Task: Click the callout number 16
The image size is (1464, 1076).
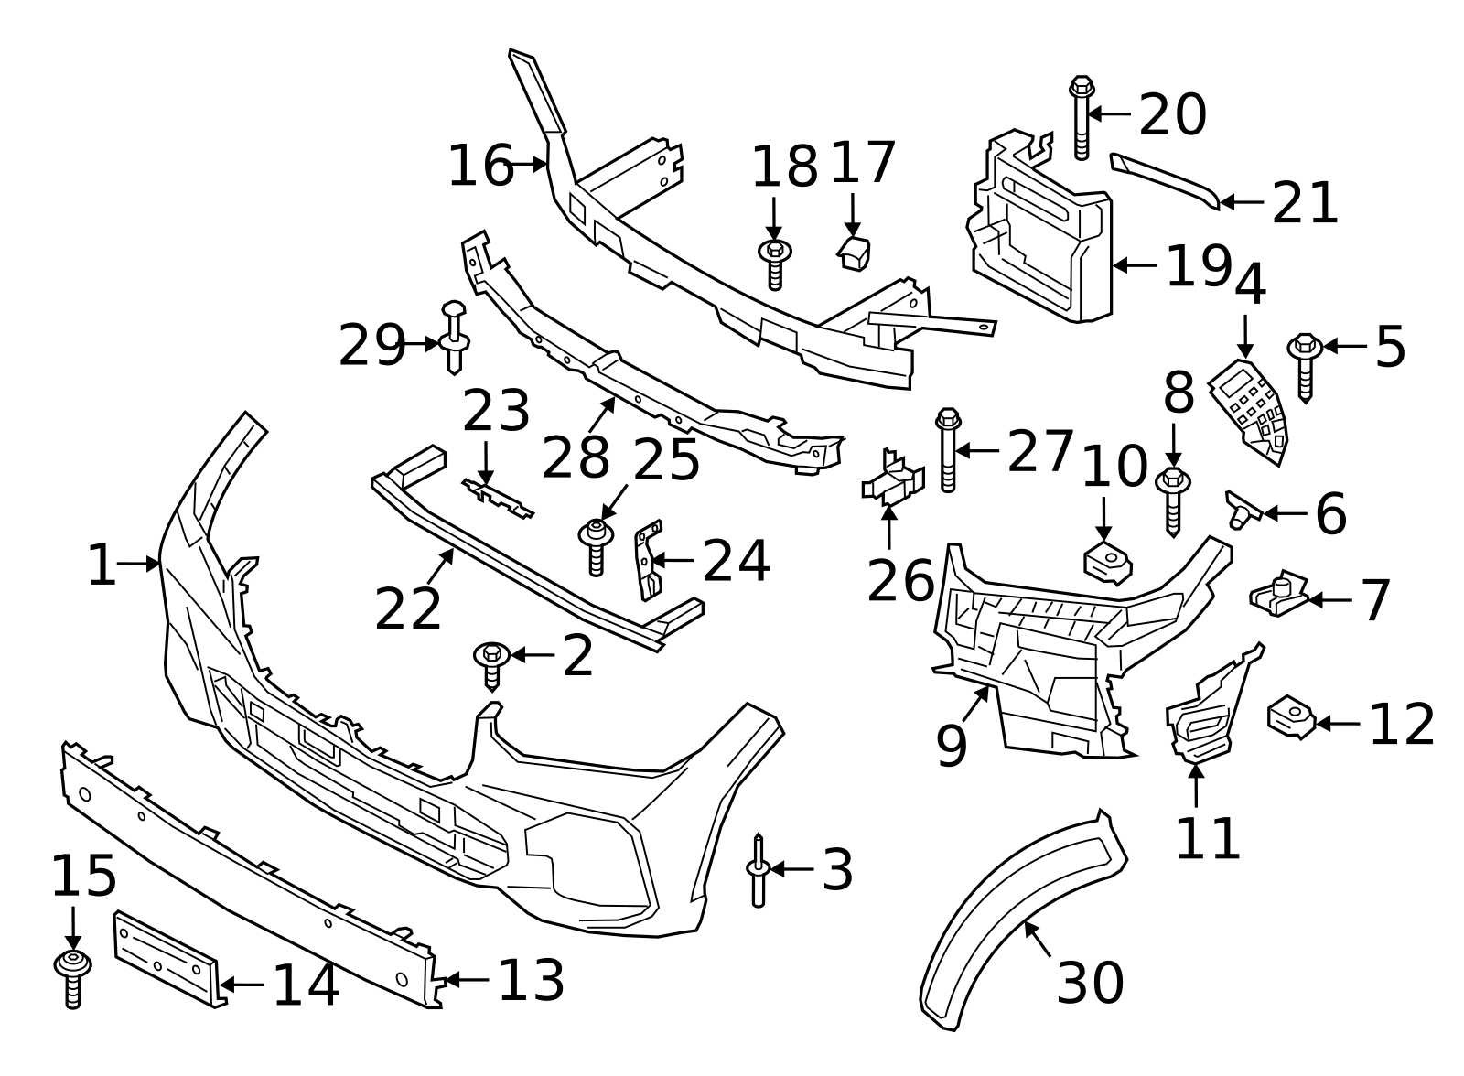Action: click(x=480, y=167)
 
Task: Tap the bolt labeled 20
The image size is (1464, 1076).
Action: click(x=1082, y=119)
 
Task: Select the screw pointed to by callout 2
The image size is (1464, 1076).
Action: click(x=492, y=664)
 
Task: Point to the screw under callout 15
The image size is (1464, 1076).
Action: click(x=72, y=977)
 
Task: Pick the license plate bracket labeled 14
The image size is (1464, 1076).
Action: click(x=167, y=957)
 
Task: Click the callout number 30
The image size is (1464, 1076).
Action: click(x=1090, y=983)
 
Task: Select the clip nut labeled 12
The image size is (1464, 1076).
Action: click(x=1290, y=718)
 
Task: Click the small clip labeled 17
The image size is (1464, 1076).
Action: click(x=855, y=253)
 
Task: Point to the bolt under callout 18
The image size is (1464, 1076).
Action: click(x=775, y=264)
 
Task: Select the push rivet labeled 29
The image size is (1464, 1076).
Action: click(x=454, y=338)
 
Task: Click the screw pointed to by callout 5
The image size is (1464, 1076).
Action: click(x=1304, y=366)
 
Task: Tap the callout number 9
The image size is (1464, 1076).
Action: click(x=952, y=746)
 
